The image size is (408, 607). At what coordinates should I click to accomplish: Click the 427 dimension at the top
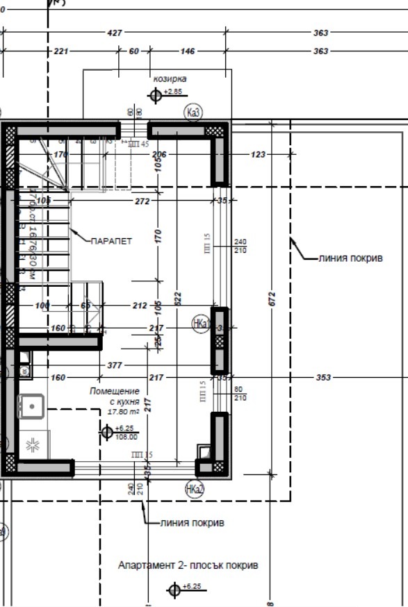coord(115,33)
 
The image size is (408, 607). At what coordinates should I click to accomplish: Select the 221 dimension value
coord(60,51)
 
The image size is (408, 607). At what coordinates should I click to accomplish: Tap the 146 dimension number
coord(188,51)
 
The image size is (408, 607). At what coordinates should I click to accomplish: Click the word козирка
coord(170,79)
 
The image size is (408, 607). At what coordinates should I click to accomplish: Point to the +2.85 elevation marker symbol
coord(156,95)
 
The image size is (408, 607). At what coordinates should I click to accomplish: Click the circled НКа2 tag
coord(195,490)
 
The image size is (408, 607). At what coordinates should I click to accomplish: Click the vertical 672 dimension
coord(272,299)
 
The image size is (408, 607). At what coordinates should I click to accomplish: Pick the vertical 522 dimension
coord(178,298)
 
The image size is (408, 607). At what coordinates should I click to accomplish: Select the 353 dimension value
coord(323,378)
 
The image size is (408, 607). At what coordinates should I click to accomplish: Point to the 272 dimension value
coord(142,201)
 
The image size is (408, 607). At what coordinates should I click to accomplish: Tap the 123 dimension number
coord(259,154)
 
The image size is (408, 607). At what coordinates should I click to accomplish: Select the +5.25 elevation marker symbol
coord(107,433)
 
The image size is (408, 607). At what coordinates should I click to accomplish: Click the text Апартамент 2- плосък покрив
coord(188,565)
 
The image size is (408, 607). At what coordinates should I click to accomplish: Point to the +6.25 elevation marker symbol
coord(174,590)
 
